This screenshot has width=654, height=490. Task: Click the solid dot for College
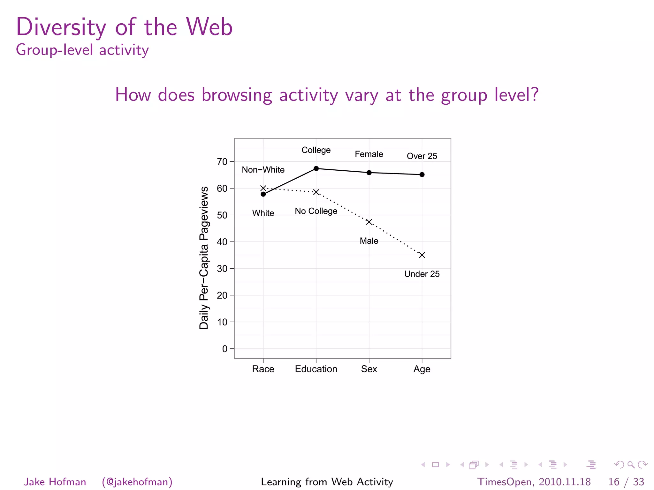pyautogui.click(x=316, y=168)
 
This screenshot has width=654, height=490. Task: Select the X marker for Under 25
pyautogui.click(x=422, y=255)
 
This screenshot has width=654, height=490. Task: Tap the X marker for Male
pyautogui.click(x=369, y=222)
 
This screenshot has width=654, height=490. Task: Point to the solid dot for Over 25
pyautogui.click(x=422, y=174)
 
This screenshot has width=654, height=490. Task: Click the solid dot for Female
pyautogui.click(x=369, y=173)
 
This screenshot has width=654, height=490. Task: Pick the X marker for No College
pyautogui.click(x=316, y=192)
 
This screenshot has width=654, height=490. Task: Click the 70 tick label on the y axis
pyautogui.click(x=222, y=162)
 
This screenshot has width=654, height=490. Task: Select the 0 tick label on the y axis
pyautogui.click(x=225, y=349)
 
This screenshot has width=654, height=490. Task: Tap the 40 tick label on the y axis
pyautogui.click(x=222, y=242)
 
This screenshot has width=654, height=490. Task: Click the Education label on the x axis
pyautogui.click(x=316, y=369)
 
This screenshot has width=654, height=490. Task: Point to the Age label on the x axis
pyautogui.click(x=422, y=369)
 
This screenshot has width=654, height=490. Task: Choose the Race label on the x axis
pyautogui.click(x=263, y=369)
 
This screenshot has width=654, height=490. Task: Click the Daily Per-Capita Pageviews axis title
pyautogui.click(x=204, y=258)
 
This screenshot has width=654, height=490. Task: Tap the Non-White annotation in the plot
pyautogui.click(x=263, y=170)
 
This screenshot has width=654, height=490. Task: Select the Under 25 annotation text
pyautogui.click(x=422, y=274)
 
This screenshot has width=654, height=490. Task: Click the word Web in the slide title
pyautogui.click(x=210, y=27)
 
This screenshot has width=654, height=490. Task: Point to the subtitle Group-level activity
pyautogui.click(x=82, y=50)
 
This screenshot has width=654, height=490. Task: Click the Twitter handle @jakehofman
pyautogui.click(x=137, y=482)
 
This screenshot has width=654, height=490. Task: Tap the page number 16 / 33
pyautogui.click(x=626, y=482)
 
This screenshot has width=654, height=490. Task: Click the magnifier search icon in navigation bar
pyautogui.click(x=631, y=464)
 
